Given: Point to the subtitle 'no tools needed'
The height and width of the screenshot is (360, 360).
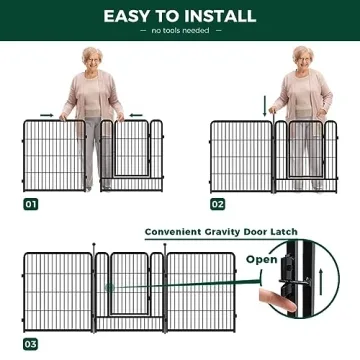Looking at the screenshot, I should click(179, 31).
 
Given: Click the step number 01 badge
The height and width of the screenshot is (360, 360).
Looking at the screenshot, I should click(31, 203).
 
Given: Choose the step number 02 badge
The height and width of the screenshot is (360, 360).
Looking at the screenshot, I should click(218, 203).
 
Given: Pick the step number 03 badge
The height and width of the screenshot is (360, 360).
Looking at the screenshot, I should click(31, 343).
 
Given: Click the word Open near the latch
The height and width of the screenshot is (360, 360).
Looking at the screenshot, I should click(263, 259).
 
